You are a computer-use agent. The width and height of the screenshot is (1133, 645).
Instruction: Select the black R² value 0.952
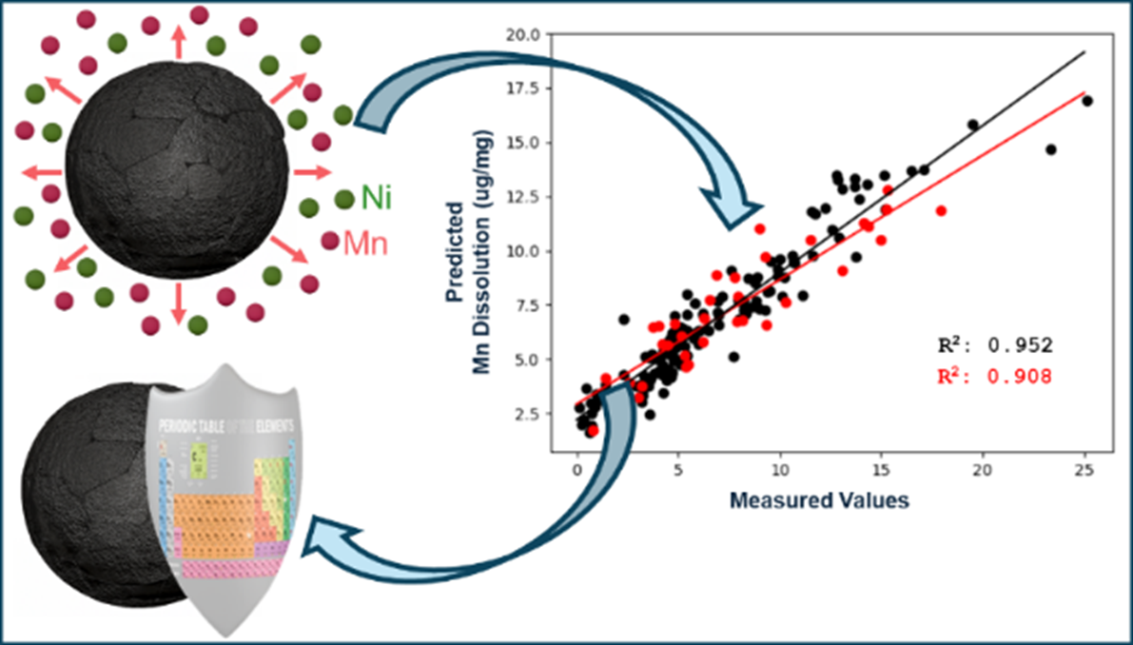coord(993,345)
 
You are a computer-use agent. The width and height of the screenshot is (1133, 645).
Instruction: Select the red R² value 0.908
coord(993,377)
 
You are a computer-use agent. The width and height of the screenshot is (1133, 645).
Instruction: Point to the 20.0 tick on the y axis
coord(524,34)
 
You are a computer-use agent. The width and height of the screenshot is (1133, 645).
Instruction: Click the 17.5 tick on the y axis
coord(524,88)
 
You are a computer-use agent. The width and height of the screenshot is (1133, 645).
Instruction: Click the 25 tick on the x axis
coord(1084,472)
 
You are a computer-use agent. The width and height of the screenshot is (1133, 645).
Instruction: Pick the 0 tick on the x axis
coord(577,472)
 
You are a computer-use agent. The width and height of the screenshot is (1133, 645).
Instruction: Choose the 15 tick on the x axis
coord(882,472)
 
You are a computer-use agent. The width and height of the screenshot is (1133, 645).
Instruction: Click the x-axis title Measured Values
coord(819,500)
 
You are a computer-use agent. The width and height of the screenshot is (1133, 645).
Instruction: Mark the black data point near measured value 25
coord(1086,101)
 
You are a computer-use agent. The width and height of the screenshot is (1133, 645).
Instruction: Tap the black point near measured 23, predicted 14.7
coord(1050,149)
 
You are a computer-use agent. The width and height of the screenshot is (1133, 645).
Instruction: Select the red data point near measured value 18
coord(941,210)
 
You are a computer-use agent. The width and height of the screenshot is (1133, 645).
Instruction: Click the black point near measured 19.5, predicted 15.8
coord(972,125)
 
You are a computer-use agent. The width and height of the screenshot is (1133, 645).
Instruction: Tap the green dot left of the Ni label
coord(343,199)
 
